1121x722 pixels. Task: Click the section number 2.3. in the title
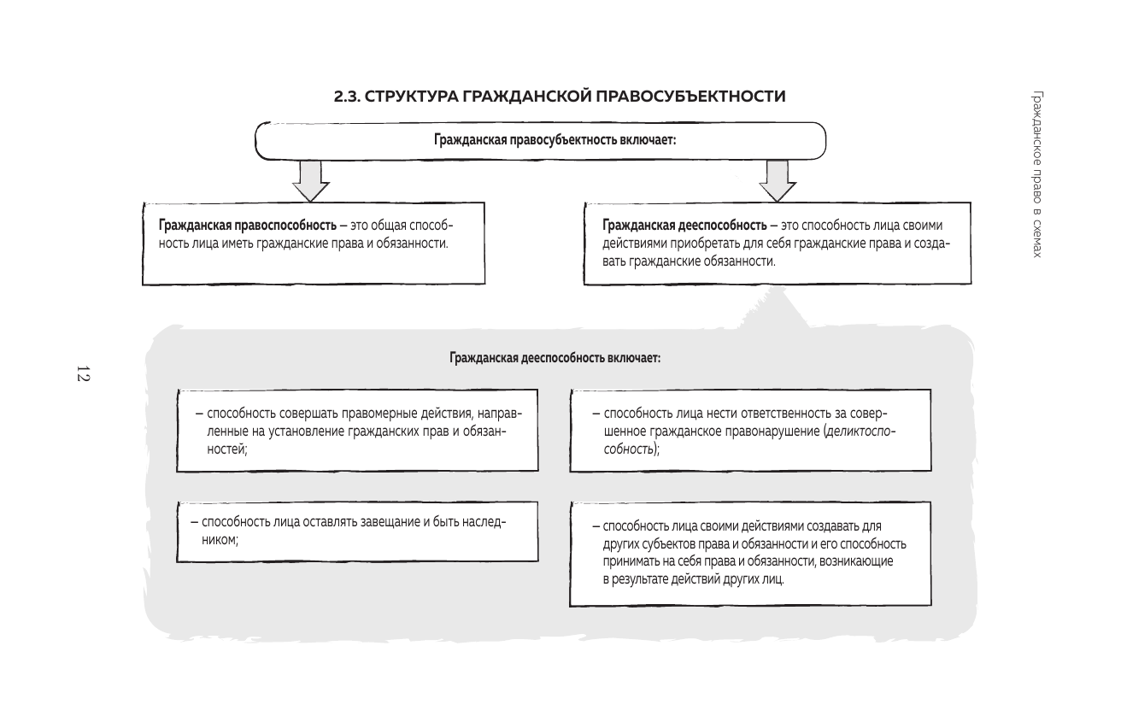[x=348, y=97]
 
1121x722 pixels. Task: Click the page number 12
[x=83, y=373]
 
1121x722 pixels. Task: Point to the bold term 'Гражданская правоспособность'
[x=247, y=226]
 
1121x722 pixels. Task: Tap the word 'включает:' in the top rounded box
[x=652, y=141]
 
